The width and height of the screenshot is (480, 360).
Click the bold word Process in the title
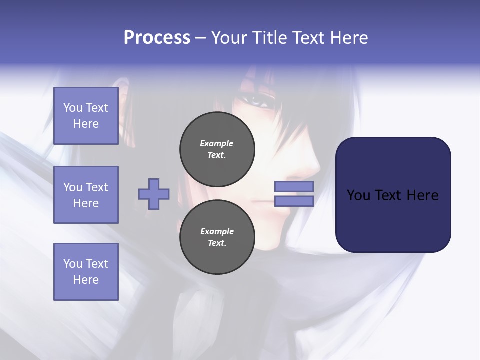click(157, 37)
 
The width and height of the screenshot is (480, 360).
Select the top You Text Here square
click(86, 116)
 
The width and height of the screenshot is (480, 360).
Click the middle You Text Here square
click(86, 195)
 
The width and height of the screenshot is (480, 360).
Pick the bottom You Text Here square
click(86, 272)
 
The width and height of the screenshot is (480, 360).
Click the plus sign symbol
click(154, 194)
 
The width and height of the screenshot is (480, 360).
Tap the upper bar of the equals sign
click(294, 186)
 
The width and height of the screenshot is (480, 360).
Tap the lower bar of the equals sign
click(294, 201)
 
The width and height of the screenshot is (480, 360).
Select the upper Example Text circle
click(217, 149)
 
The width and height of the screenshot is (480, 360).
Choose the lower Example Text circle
click(217, 237)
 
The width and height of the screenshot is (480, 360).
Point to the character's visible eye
click(259, 101)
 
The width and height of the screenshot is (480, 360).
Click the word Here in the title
click(349, 37)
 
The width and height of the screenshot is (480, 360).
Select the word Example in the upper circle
click(217, 143)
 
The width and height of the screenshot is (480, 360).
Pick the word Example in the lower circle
click(217, 231)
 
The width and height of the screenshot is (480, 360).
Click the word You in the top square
click(72, 108)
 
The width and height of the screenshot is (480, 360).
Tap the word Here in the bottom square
click(86, 280)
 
